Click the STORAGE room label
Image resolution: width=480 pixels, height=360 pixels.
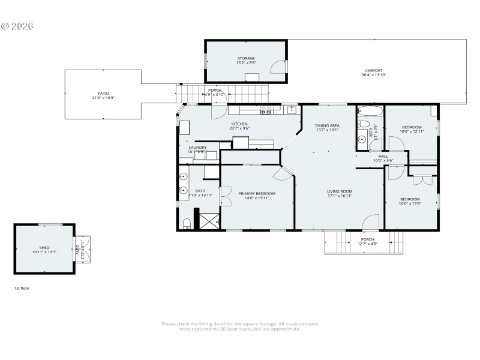click(x=245, y=58)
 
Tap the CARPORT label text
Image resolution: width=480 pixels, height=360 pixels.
click(x=373, y=70)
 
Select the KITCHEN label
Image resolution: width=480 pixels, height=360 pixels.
click(x=239, y=124)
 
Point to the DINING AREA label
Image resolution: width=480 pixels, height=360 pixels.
click(x=328, y=125)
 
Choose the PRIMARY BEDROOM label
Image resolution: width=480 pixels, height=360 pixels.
click(x=257, y=193)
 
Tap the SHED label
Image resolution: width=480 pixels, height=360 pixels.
click(x=44, y=247)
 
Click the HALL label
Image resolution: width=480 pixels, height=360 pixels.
click(x=383, y=156)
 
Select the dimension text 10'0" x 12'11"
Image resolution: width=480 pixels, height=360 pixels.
click(x=412, y=131)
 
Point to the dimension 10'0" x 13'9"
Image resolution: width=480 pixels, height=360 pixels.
click(x=410, y=203)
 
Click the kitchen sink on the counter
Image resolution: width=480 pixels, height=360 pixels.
click(x=292, y=109)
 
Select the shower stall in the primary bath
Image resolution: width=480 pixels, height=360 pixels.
click(x=208, y=220)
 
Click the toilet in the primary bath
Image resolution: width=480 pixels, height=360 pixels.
click(x=187, y=224)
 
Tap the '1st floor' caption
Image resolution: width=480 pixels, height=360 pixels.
click(x=22, y=288)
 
